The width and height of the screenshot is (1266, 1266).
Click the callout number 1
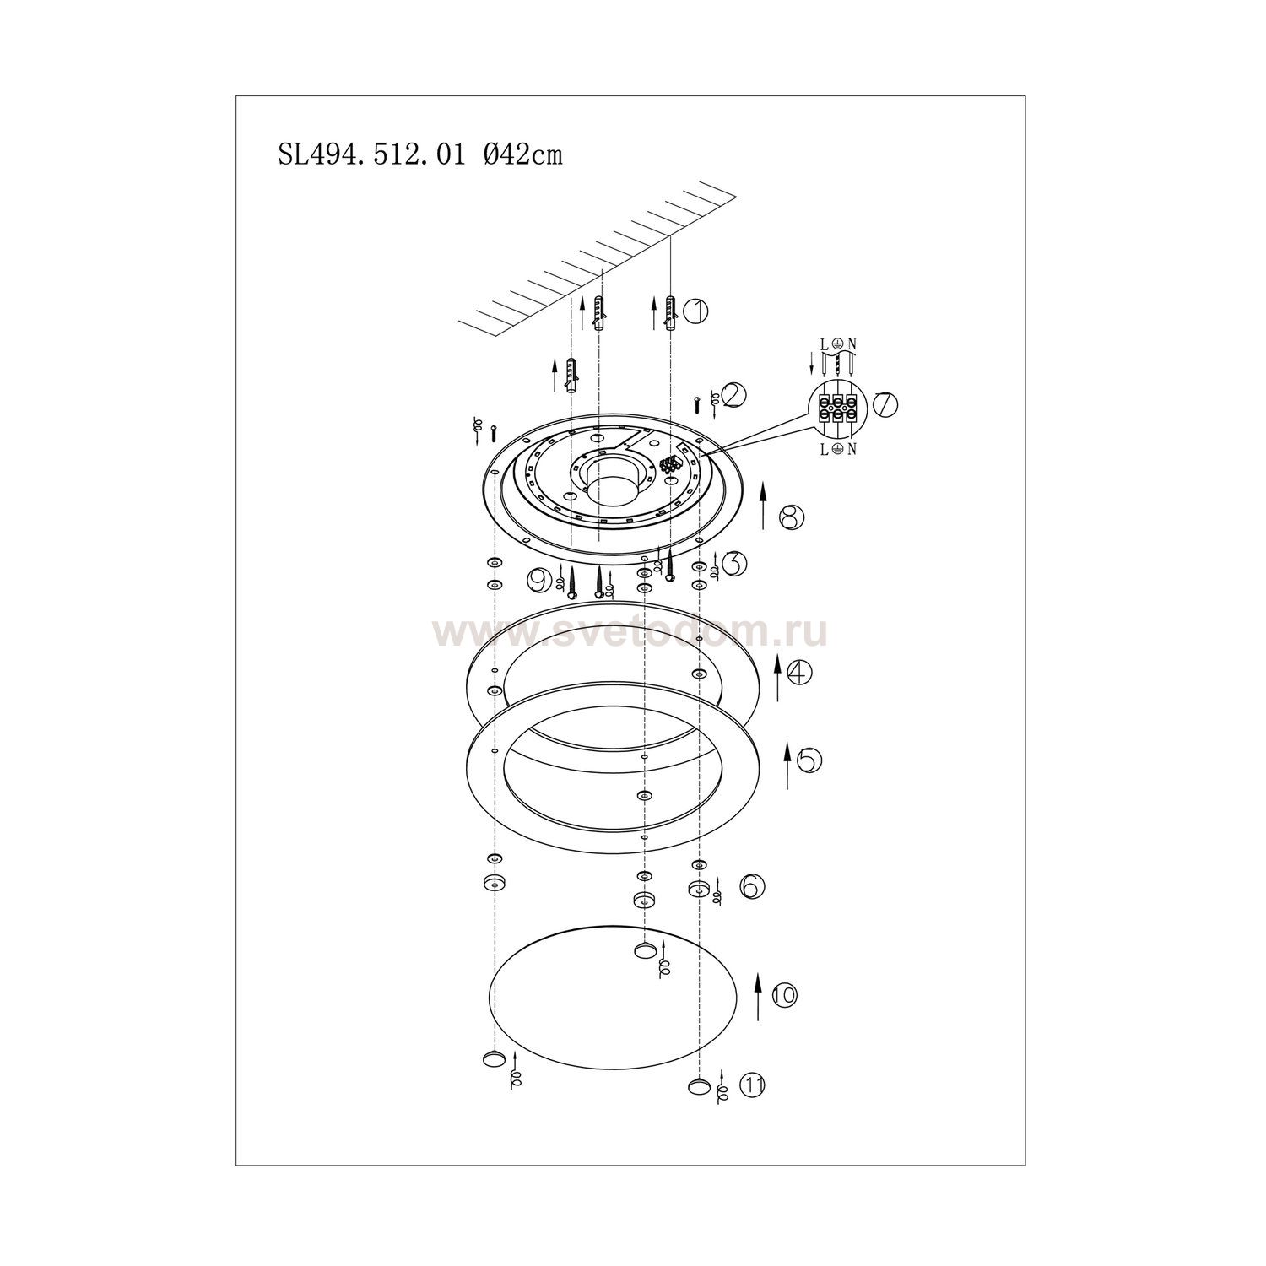tap(696, 311)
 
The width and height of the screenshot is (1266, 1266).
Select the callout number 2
tap(733, 394)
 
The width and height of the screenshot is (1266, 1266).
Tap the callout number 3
tap(734, 563)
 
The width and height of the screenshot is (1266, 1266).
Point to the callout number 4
tap(799, 673)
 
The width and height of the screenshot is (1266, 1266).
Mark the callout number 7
tap(885, 404)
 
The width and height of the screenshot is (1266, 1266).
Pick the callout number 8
tap(792, 517)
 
